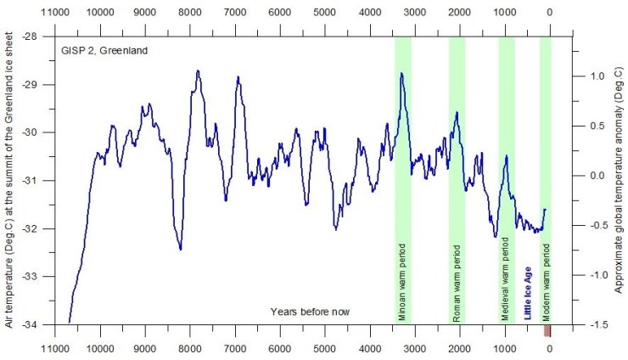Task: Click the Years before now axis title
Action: pos(310,312)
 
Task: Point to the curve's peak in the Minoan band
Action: pos(401,74)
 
